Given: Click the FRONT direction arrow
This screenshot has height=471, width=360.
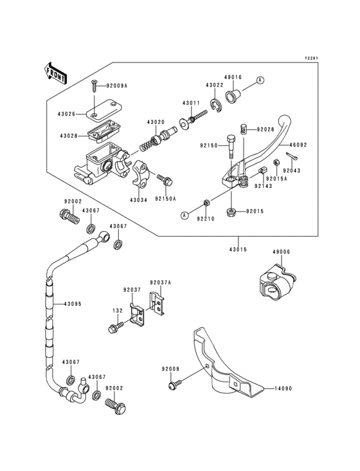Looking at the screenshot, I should pos(57,73).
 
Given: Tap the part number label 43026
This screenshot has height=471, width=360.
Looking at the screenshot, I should pos(67,115).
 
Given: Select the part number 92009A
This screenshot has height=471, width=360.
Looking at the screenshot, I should pos(117,85).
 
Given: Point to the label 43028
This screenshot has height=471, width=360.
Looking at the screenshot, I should pos(69,136).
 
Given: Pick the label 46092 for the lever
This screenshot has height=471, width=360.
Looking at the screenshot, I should pos(298,145).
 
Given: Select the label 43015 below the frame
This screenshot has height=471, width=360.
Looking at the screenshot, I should pos(238,248).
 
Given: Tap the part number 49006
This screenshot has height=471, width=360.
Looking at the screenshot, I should pos(282,252).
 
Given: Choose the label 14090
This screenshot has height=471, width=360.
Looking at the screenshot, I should pos(283,389).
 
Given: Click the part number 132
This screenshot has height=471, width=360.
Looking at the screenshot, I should pos(118,310).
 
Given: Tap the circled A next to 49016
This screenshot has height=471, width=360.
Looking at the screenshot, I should pos(260,80).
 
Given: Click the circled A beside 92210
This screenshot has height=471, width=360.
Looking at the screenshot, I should pos(184,215).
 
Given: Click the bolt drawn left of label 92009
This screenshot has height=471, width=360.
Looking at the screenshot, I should pos(172,385).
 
